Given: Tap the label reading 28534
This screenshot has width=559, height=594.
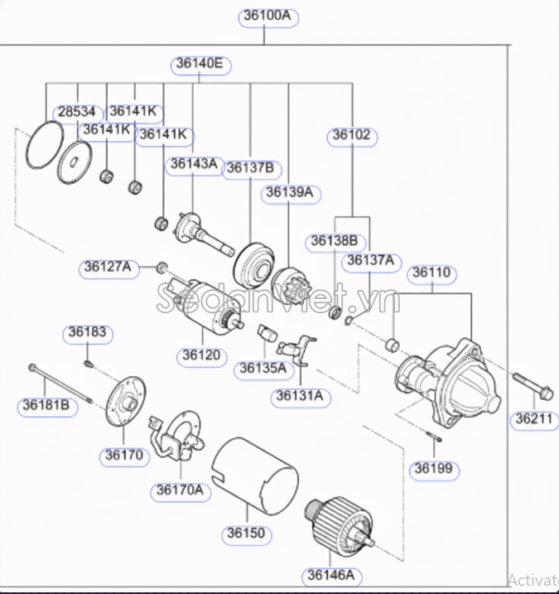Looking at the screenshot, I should pyautogui.click(x=75, y=112).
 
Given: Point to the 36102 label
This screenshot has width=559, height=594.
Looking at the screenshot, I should pyautogui.click(x=352, y=135).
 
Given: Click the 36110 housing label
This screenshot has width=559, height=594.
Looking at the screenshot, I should pyautogui.click(x=431, y=272).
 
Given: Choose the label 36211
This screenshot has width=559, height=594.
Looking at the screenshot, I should pyautogui.click(x=532, y=418).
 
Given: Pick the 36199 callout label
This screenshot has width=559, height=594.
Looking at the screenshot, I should pyautogui.click(x=434, y=469).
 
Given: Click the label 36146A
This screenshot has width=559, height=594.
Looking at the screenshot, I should pyautogui.click(x=331, y=574).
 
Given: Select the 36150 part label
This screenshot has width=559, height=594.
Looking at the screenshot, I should pyautogui.click(x=247, y=533).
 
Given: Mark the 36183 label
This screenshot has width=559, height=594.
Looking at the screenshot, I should pyautogui.click(x=87, y=333).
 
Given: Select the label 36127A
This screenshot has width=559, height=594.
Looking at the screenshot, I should pyautogui.click(x=107, y=267).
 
